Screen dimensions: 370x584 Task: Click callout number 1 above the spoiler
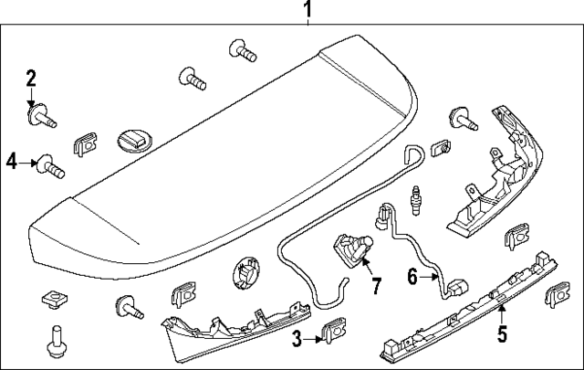[308, 10]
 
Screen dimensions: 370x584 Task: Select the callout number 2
[32, 78]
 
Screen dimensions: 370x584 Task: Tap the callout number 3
[297, 340]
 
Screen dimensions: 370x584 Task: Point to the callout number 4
[12, 162]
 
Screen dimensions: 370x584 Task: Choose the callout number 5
[502, 334]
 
